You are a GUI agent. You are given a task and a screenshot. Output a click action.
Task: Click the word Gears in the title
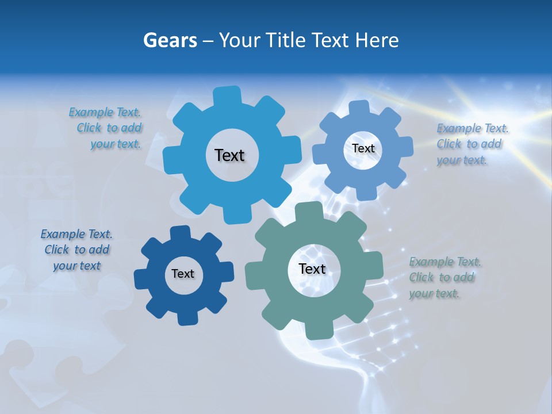tap(170, 40)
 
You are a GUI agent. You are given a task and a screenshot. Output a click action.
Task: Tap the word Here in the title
tap(377, 40)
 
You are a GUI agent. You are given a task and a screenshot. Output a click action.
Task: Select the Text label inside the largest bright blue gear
tap(229, 155)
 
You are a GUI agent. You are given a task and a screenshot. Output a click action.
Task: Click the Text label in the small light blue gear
tap(363, 148)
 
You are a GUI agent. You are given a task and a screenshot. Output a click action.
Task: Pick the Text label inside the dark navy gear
tap(183, 274)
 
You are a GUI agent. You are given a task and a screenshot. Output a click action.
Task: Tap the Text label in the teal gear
tap(312, 269)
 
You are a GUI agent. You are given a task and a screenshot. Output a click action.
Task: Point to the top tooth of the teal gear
tap(310, 211)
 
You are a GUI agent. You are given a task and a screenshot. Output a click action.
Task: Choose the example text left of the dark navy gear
tap(76, 250)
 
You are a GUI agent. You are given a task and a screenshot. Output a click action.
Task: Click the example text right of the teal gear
tap(444, 278)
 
